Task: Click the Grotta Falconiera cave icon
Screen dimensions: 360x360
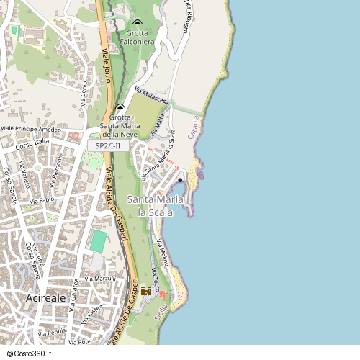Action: click(x=137, y=22)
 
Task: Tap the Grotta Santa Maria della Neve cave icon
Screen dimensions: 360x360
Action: click(x=120, y=107)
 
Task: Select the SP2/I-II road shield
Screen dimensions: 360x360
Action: click(x=108, y=145)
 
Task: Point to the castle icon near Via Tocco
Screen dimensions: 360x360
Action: click(x=146, y=291)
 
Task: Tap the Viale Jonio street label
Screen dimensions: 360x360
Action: click(x=107, y=66)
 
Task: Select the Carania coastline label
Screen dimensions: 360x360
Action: click(x=193, y=127)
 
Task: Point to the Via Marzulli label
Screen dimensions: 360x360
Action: click(x=100, y=278)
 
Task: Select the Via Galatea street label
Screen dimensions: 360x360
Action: click(x=73, y=295)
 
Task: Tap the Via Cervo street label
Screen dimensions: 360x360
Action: click(x=84, y=94)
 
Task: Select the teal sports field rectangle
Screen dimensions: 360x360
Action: click(x=98, y=240)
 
